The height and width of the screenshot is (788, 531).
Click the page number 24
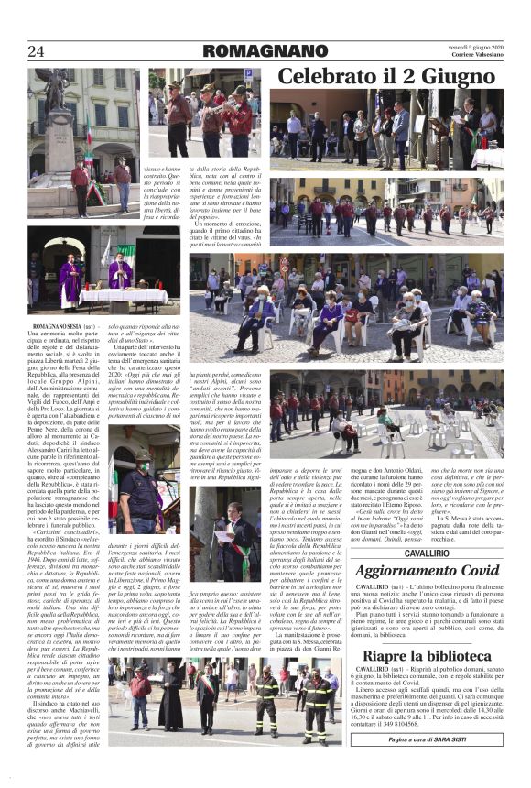pos(37,50)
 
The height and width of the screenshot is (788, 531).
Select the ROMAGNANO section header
pos(265,51)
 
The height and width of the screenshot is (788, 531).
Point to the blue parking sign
pos(247,74)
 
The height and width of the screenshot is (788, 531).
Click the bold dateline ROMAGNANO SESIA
pos(58,326)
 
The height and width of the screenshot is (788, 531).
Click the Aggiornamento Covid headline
pos(427,572)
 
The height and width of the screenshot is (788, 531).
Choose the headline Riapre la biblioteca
pos(427,657)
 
